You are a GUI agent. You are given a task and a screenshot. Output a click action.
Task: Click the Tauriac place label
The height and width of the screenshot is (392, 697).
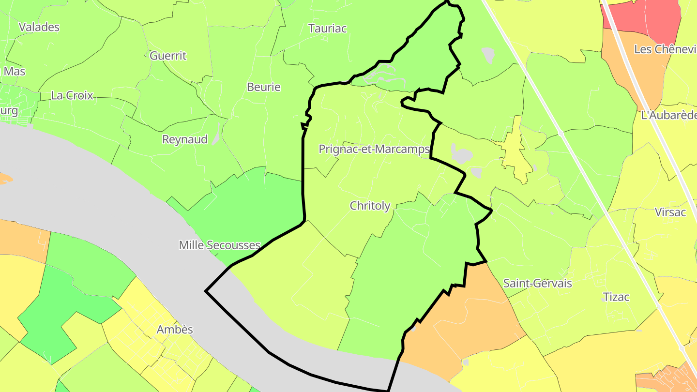[328, 29]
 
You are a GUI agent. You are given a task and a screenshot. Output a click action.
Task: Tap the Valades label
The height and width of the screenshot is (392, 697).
[39, 27]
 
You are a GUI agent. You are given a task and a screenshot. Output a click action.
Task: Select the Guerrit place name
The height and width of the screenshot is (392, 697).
[168, 56]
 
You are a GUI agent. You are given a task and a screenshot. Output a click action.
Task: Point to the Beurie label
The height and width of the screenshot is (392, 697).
[264, 88]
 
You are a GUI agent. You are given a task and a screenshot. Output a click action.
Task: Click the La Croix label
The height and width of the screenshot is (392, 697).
[72, 96]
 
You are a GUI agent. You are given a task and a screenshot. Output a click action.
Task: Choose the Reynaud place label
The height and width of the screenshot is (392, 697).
[185, 140]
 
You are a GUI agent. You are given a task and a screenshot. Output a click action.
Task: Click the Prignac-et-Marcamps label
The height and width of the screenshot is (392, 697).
[374, 150]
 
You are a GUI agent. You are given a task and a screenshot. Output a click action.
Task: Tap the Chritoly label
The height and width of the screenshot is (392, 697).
[370, 206]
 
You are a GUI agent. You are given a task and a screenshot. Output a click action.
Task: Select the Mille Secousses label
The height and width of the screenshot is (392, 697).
[220, 245]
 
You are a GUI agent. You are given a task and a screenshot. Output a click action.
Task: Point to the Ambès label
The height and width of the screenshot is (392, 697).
[175, 330]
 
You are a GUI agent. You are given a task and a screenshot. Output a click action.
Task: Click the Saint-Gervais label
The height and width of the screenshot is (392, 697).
[538, 284]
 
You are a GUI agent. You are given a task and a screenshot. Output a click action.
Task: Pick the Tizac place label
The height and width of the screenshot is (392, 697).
[616, 297]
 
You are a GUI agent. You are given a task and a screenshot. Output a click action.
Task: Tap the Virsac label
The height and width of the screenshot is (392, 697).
[670, 212]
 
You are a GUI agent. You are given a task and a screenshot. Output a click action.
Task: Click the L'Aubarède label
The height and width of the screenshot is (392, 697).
[668, 116]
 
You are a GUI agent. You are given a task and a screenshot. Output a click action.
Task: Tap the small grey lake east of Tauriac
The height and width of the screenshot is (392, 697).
[488, 55]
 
